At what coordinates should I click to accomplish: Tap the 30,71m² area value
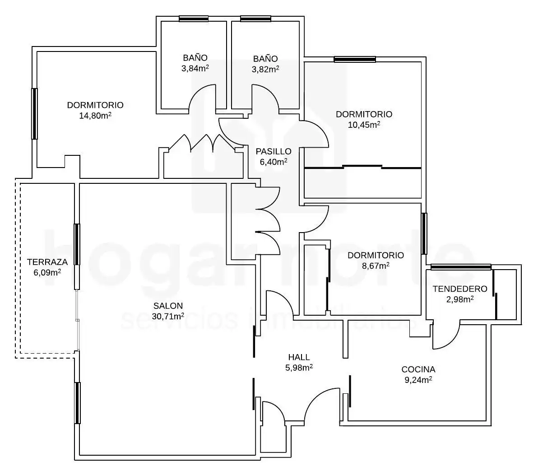pyautogui.click(x=168, y=316)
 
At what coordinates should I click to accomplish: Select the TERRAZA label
pyautogui.click(x=47, y=262)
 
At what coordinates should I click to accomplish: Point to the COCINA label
pyautogui.click(x=418, y=369)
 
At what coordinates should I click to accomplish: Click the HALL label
pyautogui.click(x=299, y=357)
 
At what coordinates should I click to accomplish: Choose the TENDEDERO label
pyautogui.click(x=460, y=289)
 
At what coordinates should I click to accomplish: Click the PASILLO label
pyautogui.click(x=274, y=151)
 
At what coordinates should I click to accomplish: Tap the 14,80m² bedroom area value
pyautogui.click(x=95, y=116)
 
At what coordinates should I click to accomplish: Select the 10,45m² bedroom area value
pyautogui.click(x=364, y=125)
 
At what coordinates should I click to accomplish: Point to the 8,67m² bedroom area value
pyautogui.click(x=376, y=266)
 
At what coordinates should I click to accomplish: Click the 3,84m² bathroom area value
pyautogui.click(x=195, y=68)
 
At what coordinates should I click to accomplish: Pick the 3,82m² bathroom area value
pyautogui.click(x=265, y=69)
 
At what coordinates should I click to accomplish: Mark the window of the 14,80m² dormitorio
pyautogui.click(x=34, y=114)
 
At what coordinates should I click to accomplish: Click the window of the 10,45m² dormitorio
pyautogui.click(x=355, y=60)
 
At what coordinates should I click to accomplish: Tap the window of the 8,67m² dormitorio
pyautogui.click(x=424, y=233)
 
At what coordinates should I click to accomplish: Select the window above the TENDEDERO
pyautogui.click(x=461, y=267)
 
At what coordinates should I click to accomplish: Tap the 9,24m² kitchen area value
pyautogui.click(x=418, y=380)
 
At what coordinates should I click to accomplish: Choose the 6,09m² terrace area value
pyautogui.click(x=47, y=273)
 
